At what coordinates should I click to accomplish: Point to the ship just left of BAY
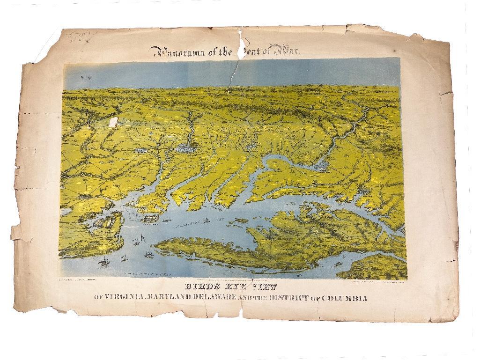(x=207, y=220)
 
